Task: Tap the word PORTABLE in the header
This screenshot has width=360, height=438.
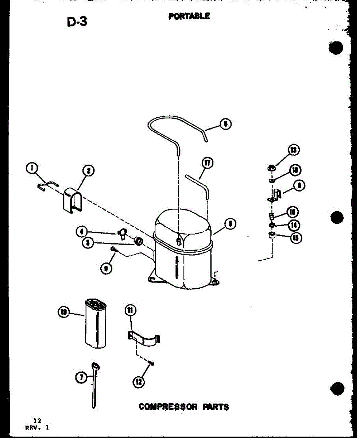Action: (x=189, y=16)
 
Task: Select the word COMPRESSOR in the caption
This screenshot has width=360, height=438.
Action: (x=169, y=406)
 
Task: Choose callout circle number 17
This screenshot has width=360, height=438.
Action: (x=208, y=163)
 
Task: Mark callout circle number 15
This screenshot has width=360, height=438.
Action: (x=296, y=238)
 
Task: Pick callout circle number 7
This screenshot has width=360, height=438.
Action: (x=83, y=378)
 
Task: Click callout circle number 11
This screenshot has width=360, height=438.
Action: (x=130, y=311)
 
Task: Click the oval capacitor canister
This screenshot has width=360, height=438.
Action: (x=96, y=323)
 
